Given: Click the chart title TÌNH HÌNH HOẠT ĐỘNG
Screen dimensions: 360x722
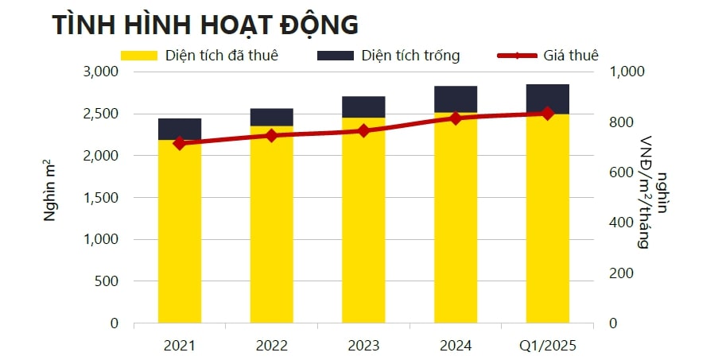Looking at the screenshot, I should pos(205,24).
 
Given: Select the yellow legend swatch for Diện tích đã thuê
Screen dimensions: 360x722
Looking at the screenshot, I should pos(139,56).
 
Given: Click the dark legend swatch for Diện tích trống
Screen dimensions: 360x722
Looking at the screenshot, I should pos(335,56).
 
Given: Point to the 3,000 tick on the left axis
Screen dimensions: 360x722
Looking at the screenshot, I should pos(101,72).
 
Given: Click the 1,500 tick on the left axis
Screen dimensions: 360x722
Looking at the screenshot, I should pos(101,198).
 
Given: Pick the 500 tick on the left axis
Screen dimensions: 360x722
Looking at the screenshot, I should pos(107,281).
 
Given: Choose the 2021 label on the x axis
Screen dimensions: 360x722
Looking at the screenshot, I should pos(179,346).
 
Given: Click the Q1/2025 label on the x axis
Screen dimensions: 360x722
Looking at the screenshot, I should pos(547,346).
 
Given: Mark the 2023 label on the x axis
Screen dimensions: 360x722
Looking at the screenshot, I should pos(363,346).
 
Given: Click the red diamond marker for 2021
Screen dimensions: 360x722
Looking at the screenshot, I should pos(179,143).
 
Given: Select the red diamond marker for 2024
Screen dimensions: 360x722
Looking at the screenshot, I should pos(456,118).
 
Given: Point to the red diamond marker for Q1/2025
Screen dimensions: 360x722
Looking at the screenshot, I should pos(547,114).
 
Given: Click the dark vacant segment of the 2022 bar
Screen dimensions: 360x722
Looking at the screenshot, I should pos(271,117).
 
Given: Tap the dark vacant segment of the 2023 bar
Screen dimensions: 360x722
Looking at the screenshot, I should pos(363,106).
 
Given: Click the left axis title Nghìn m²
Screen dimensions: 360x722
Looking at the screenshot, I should pos(49,198).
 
